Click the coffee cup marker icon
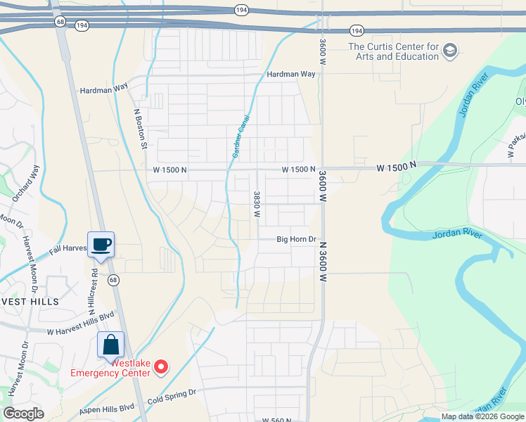(x=101, y=245)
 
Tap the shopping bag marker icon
(x=110, y=345)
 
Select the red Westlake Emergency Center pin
(x=161, y=366)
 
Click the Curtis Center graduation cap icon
(x=451, y=51)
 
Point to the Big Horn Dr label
(x=297, y=239)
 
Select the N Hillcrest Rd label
(x=92, y=281)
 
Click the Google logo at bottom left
(x=23, y=414)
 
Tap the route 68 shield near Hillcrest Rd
(x=113, y=280)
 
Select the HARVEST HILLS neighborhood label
(x=32, y=301)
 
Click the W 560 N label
(x=277, y=420)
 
